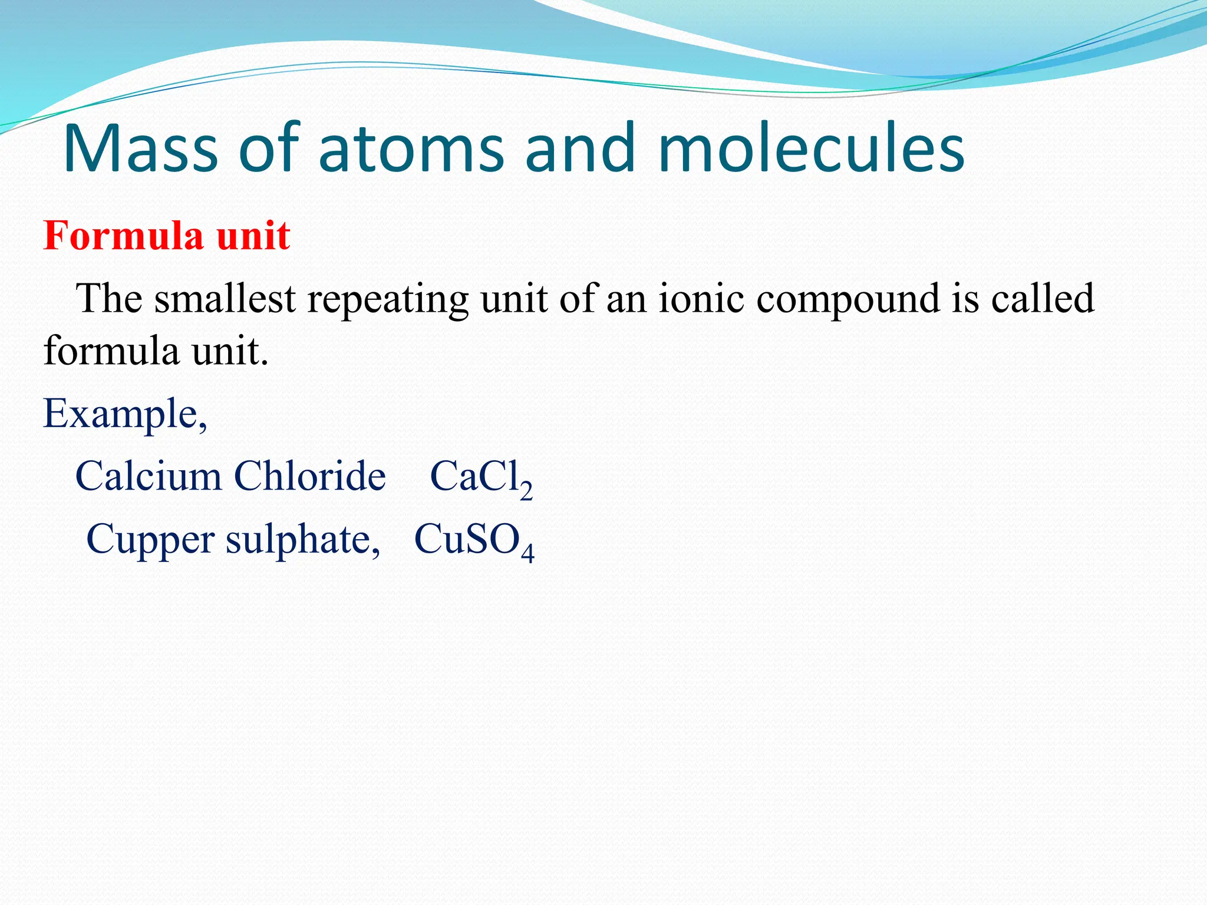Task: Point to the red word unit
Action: [253, 236]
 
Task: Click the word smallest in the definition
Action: [225, 298]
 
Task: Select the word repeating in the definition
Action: [388, 299]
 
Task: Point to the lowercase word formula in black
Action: [111, 351]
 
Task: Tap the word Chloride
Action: [309, 476]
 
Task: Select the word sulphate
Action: [303, 540]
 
